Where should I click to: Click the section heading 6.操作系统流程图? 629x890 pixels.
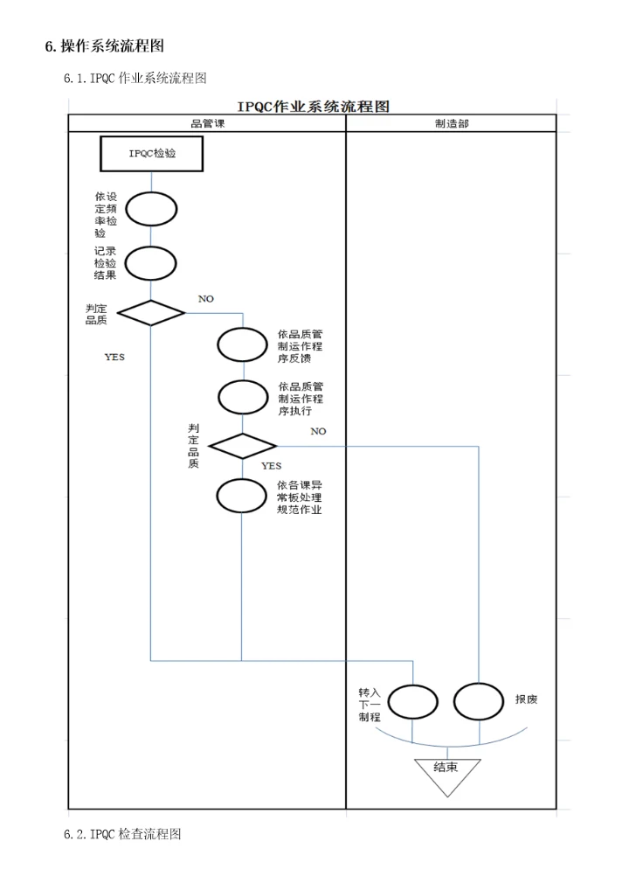(x=104, y=45)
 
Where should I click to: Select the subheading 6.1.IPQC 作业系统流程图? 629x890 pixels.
(x=135, y=79)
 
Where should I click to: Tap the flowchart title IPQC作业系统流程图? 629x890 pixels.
(x=311, y=107)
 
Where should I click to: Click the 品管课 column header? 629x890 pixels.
(x=207, y=123)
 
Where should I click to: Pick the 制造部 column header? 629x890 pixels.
(x=451, y=123)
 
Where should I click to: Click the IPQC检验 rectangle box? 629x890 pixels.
(x=152, y=154)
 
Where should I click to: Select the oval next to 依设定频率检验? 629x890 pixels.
(x=151, y=209)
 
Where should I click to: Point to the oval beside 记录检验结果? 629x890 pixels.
(x=151, y=262)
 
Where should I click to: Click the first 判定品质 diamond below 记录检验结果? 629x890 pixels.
(x=151, y=312)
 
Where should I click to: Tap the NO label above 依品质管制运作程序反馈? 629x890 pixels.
(x=205, y=299)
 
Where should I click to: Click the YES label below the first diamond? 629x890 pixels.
(x=114, y=357)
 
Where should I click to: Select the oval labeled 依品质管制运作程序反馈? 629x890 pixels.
(x=242, y=344)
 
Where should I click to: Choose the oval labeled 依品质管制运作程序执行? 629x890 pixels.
(x=242, y=397)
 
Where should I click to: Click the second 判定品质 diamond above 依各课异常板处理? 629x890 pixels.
(x=242, y=446)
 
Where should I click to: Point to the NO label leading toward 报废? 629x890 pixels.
(x=318, y=431)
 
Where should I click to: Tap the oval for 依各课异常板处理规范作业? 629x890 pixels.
(x=242, y=497)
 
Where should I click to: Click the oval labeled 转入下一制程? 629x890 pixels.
(x=412, y=700)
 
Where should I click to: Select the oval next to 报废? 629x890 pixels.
(x=479, y=700)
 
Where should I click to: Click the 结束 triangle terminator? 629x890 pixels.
(x=446, y=774)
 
